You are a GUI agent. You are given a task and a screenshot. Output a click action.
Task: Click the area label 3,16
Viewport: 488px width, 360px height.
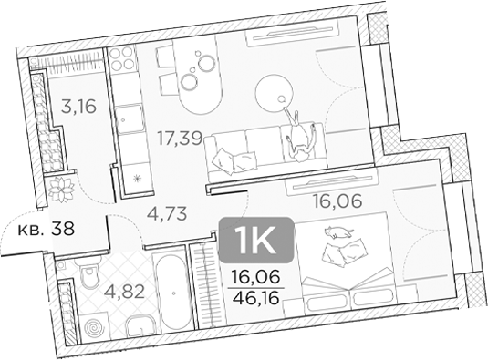78,107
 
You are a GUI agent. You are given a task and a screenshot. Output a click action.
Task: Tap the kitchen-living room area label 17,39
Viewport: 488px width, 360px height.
180,138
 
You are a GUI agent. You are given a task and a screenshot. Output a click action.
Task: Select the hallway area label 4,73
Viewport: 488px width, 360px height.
167,214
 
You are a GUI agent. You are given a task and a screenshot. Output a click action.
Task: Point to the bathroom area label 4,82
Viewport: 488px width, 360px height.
124,292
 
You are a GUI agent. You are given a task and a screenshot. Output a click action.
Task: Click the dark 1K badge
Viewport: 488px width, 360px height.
256,239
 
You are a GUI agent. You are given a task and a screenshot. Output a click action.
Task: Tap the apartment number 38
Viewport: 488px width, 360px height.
63,229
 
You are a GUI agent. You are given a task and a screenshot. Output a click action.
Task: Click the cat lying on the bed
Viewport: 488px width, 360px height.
338,232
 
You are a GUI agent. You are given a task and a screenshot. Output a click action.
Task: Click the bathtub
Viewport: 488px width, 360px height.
172,293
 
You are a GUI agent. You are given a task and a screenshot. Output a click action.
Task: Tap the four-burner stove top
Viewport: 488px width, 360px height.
122,59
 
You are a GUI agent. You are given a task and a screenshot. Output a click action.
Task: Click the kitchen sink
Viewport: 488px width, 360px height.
130,119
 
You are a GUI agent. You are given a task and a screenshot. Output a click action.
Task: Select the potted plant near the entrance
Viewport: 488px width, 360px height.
62,190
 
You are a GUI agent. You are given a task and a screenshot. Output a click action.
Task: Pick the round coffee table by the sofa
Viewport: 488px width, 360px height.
275,92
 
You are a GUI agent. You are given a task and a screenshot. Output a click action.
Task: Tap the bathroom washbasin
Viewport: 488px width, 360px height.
140,325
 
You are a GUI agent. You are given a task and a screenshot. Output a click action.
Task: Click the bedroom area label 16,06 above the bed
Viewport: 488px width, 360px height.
337,201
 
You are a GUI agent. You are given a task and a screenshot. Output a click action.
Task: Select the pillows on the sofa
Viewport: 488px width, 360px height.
234,160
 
